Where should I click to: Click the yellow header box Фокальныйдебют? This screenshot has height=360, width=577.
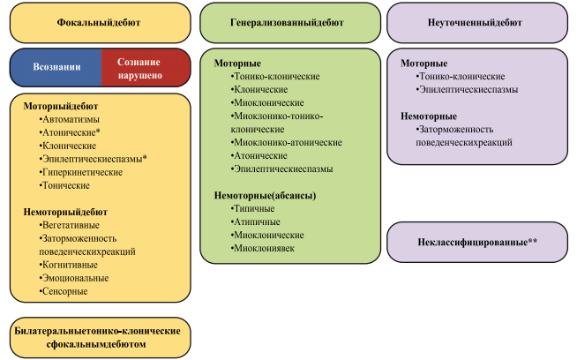tap(100, 23)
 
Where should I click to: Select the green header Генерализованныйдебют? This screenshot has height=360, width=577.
tap(290, 23)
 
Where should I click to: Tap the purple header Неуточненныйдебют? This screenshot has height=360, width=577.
tap(477, 23)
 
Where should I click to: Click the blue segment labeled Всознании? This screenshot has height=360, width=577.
tap(56, 67)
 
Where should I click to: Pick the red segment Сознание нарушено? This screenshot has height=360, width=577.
tap(146, 67)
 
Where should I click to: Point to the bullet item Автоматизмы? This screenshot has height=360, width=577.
tap(69, 120)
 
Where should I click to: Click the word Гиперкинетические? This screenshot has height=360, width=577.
tap(80, 172)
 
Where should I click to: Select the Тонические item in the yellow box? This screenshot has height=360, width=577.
tap(64, 185)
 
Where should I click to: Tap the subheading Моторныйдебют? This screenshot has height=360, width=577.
tap(61, 107)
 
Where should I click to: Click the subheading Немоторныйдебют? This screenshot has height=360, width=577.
tap(65, 212)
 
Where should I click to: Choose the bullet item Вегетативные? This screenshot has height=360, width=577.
tap(69, 225)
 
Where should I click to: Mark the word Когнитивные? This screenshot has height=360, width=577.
tap(69, 265)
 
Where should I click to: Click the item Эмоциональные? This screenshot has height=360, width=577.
tap(74, 278)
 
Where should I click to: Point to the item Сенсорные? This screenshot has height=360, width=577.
tap(64, 291)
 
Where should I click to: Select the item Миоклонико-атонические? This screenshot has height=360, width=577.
tap(286, 142)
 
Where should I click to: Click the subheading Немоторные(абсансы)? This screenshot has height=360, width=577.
tap(265, 196)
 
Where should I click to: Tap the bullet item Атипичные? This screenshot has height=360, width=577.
tap(255, 222)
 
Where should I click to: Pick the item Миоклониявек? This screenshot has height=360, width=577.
tap(262, 249)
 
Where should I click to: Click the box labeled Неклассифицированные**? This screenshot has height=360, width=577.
tap(477, 243)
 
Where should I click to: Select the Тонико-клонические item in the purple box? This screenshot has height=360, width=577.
tap(461, 77)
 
